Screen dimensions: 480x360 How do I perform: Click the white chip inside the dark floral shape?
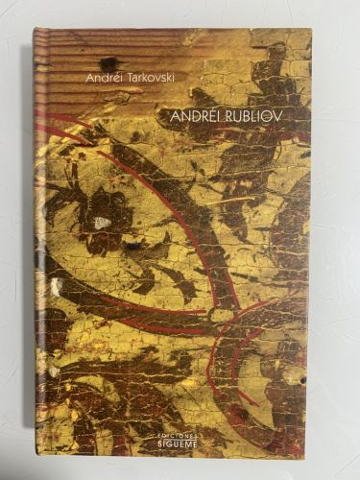(x=102, y=223)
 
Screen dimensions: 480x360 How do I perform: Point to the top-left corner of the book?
(x=35, y=29)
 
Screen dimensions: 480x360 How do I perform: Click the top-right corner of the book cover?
(x=310, y=30)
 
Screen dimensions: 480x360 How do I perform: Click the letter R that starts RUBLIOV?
(x=231, y=113)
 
